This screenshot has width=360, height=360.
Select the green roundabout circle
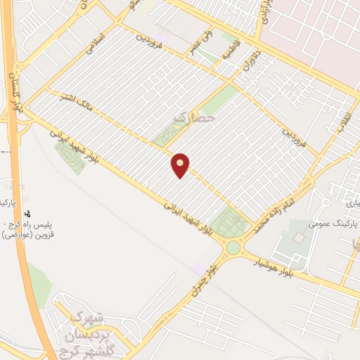point(233,247)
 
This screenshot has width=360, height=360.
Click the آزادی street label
point(266,13)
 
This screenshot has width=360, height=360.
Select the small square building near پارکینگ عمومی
point(299,238)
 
